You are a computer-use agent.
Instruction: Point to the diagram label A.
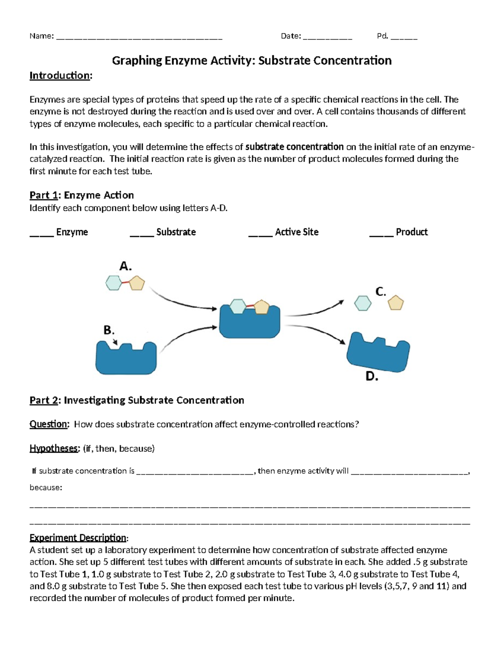click(125, 266)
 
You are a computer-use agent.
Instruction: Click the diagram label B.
click(109, 330)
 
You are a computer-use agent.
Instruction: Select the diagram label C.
click(381, 291)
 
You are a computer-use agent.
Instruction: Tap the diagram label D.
click(372, 376)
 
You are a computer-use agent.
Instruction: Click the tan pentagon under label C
click(395, 303)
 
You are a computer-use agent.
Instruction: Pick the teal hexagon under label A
click(114, 283)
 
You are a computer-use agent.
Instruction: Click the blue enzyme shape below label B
click(126, 359)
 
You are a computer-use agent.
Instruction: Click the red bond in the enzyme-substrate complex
click(250, 306)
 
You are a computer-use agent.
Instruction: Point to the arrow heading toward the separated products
click(315, 311)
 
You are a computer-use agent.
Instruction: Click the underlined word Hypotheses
click(54, 448)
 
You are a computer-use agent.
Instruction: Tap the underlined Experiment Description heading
click(78, 538)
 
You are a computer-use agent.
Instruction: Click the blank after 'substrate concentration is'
click(195, 472)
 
